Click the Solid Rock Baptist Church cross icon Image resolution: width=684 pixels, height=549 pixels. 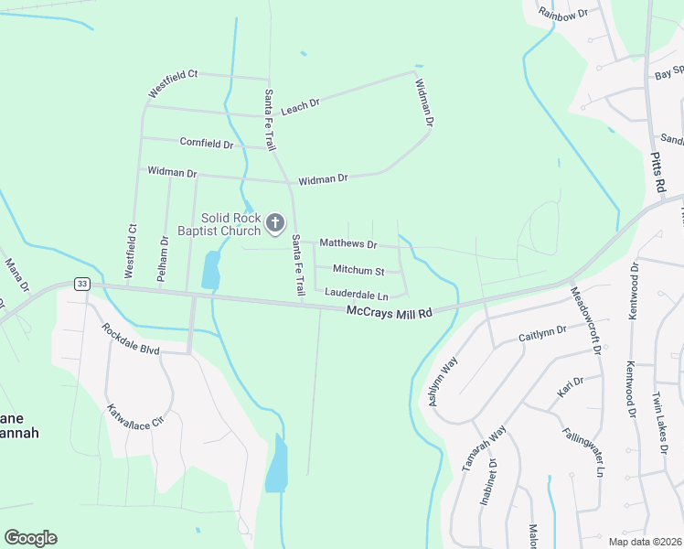274,222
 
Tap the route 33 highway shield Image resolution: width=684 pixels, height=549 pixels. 83,285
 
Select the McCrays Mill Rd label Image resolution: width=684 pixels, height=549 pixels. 389,313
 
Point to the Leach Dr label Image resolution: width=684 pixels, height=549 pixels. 300,107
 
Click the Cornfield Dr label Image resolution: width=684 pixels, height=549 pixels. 207,144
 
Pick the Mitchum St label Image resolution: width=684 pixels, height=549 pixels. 358,270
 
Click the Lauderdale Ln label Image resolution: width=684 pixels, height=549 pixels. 357,295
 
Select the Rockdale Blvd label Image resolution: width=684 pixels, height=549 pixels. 130,339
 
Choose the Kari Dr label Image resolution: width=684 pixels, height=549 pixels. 571,387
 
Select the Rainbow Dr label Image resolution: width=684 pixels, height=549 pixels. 562,14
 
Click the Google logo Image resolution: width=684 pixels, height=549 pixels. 30,538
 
